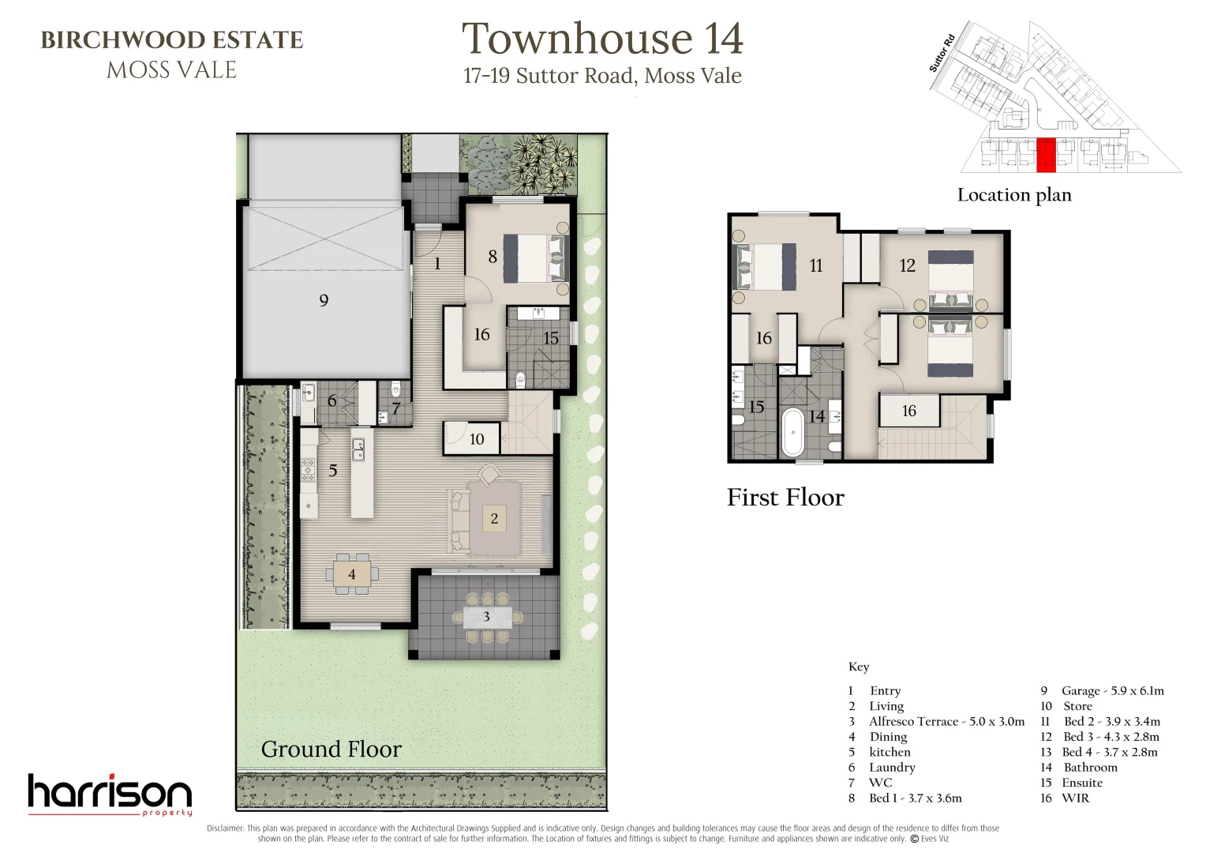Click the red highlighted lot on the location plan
point(1046,156)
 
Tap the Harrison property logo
point(110,795)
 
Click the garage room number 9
point(324,300)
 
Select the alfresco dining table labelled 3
point(487,617)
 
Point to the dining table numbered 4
point(351,574)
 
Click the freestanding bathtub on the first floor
point(792,433)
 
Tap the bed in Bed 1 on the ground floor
point(536,258)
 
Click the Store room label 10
point(477,439)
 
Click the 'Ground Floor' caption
point(331,749)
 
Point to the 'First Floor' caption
point(785,498)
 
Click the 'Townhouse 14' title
point(602,38)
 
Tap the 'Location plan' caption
point(1014,194)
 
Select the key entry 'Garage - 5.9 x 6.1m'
point(1112,690)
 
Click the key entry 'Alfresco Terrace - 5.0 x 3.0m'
point(946,721)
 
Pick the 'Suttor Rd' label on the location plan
point(942,53)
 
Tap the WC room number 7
point(396,408)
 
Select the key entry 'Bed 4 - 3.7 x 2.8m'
point(1110,752)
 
